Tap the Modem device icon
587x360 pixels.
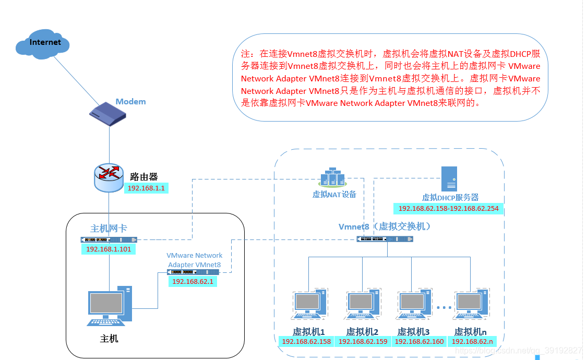109,115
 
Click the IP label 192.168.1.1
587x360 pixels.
146,188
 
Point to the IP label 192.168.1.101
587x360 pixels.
109,249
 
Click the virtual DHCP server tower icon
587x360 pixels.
449,178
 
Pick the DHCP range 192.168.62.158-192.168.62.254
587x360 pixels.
448,208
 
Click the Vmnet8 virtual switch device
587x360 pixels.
386,239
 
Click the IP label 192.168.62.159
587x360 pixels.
364,342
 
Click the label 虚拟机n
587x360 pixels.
470,331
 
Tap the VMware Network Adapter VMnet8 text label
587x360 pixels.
194,260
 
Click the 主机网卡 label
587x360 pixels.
109,229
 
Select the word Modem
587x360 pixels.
130,101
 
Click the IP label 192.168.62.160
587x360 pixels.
419,342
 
